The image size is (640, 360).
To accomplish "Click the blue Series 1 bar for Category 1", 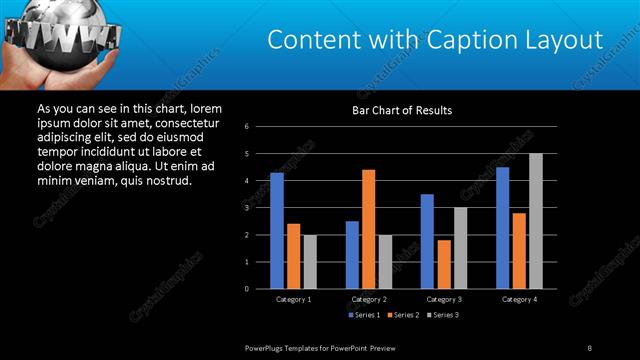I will coord(277,231).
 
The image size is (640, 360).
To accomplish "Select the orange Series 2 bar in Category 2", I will coord(369,229).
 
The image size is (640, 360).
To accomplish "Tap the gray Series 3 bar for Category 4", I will coord(536,221).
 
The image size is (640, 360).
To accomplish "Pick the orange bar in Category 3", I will coord(444,264).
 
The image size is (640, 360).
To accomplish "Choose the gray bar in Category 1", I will coord(310,262).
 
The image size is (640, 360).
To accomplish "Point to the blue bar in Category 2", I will coord(352,255).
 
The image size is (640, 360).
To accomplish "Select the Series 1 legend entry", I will coord(364,315).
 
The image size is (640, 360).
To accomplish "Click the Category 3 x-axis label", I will coord(444,299).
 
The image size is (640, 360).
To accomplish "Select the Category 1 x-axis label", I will coord(293,299).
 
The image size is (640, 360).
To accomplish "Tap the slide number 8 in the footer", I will coord(589,347).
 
